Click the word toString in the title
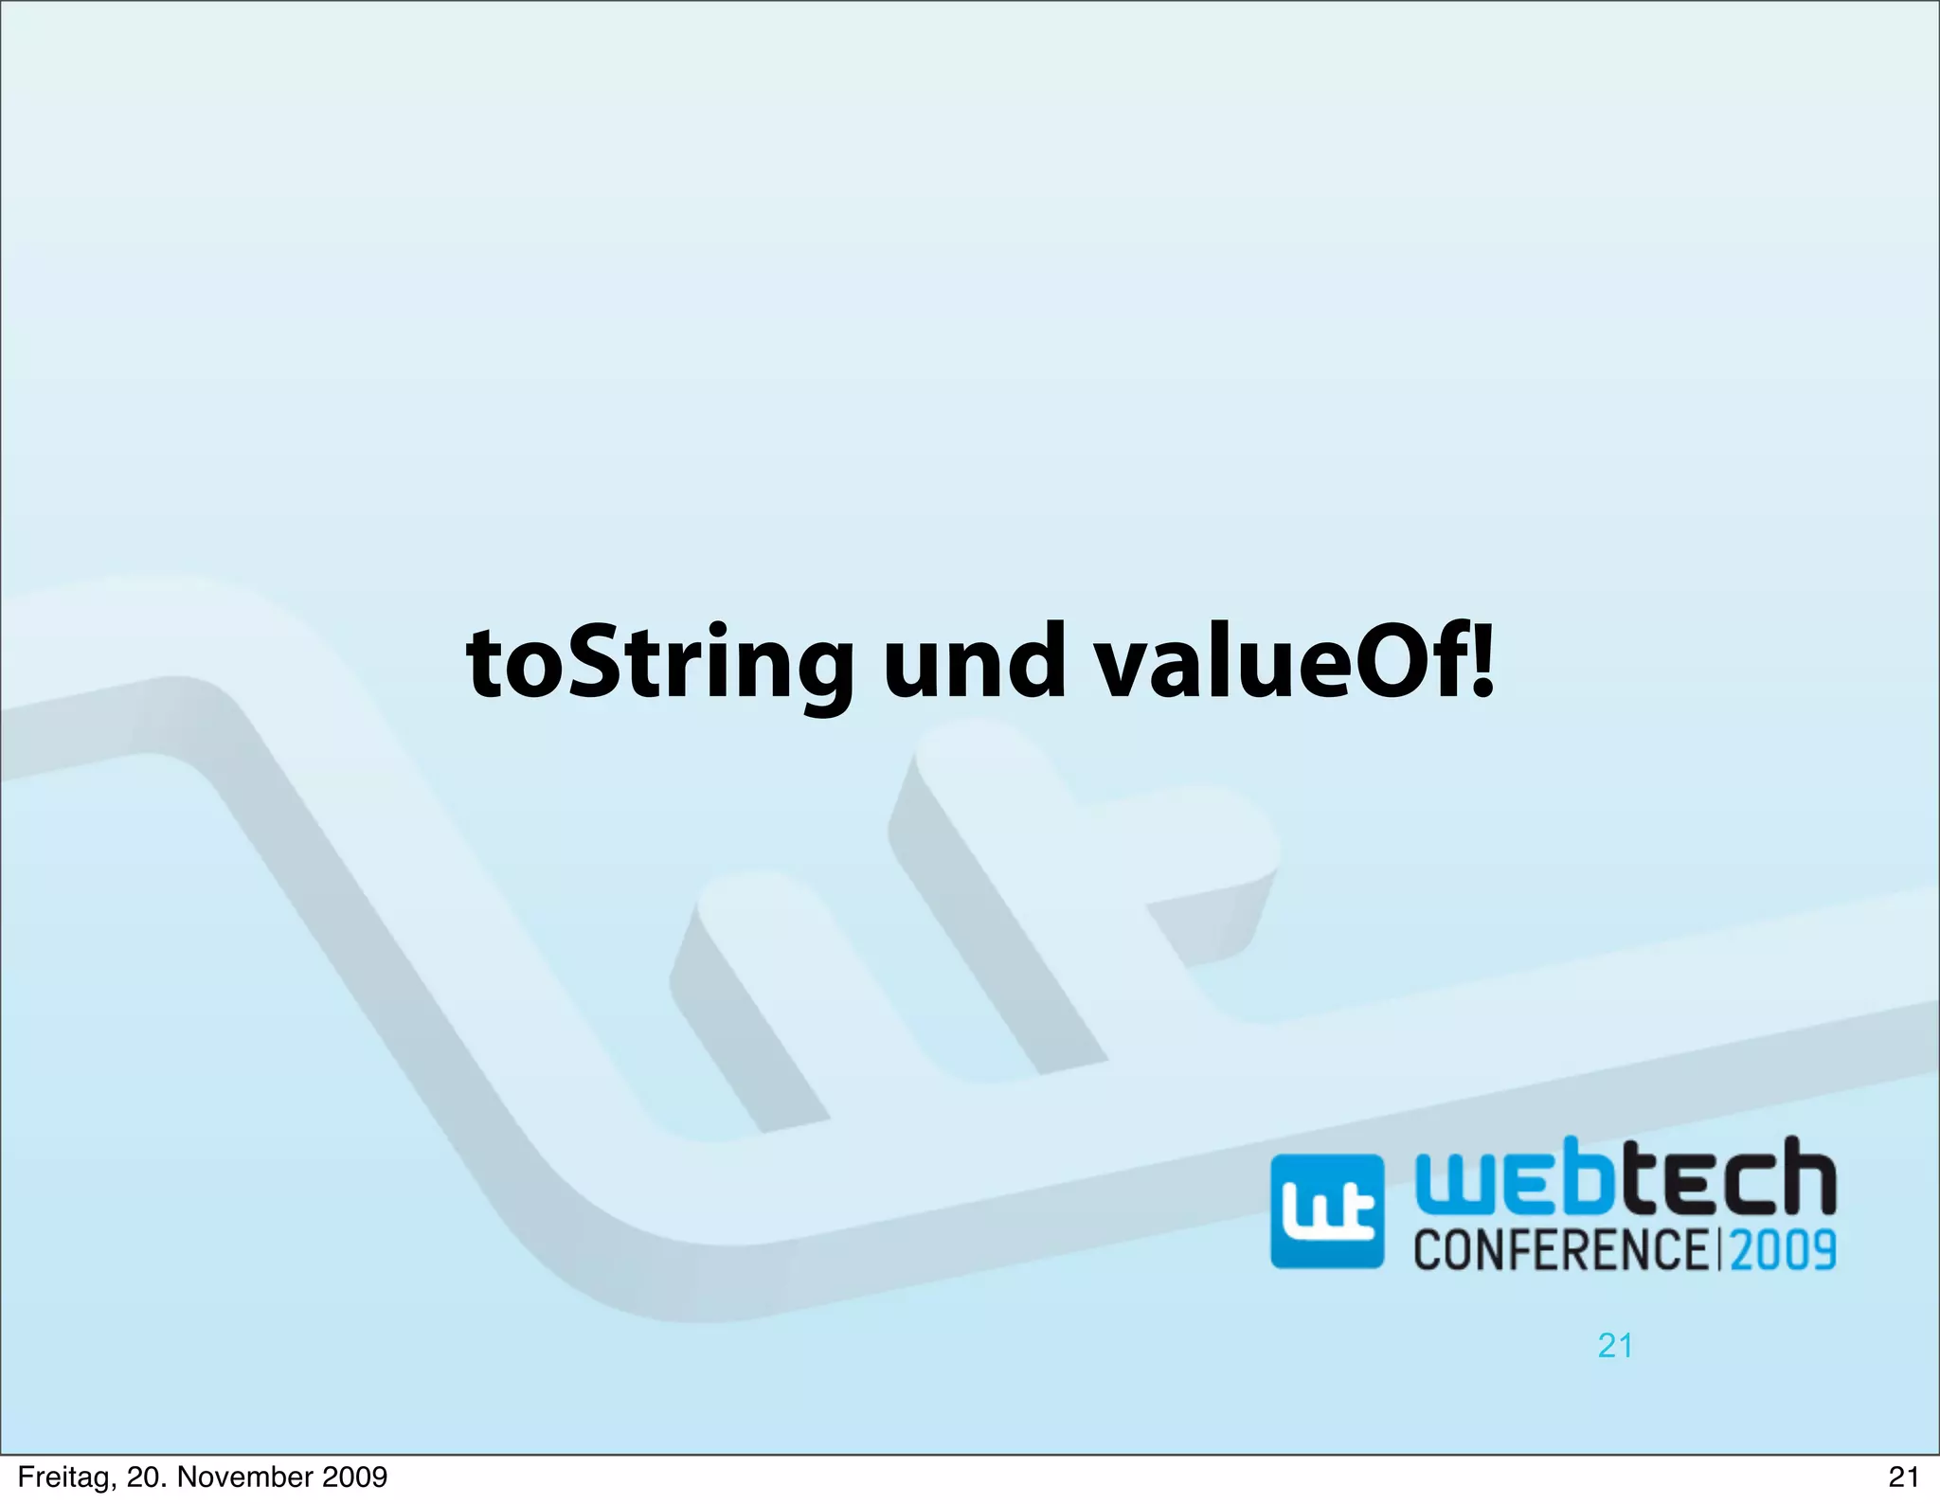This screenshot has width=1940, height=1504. [659, 665]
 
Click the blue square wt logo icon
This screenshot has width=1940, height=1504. [1326, 1211]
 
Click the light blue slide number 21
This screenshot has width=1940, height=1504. [1615, 1346]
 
